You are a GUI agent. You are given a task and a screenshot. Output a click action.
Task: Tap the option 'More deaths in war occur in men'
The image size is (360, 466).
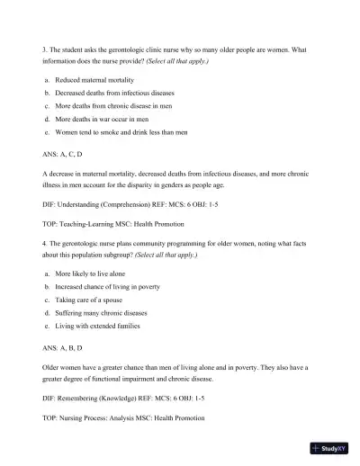pyautogui.click(x=102, y=118)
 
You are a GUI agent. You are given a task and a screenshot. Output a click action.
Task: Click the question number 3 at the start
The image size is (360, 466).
pyautogui.click(x=45, y=48)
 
